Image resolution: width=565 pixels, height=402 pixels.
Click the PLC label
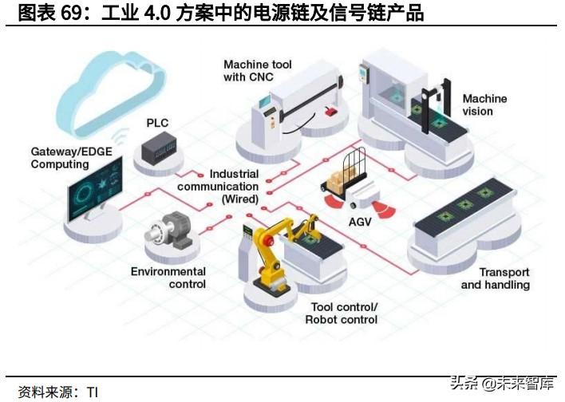coord(158,124)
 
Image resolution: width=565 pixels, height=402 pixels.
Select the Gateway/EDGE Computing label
coord(60,157)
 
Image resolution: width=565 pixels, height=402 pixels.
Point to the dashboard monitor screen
coord(94,187)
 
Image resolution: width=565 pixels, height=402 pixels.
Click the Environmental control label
coord(168,278)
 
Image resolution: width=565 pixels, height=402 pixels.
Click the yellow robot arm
coord(271,247)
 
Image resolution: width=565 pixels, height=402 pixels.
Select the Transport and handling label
coord(495,278)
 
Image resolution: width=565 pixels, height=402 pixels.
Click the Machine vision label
coord(484,104)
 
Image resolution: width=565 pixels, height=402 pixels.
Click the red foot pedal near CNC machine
coord(329,112)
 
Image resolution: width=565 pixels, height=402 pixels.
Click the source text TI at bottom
coord(92,392)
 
